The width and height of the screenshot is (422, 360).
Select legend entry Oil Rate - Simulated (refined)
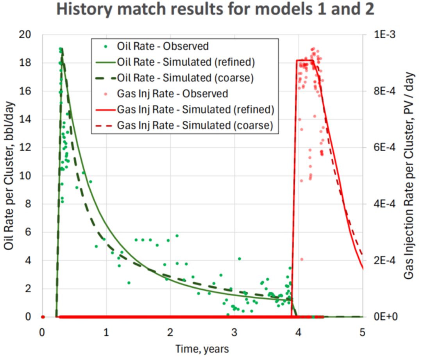point(186,62)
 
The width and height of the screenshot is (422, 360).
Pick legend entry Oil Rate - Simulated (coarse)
point(186,78)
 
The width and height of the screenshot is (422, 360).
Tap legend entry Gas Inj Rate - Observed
point(172,94)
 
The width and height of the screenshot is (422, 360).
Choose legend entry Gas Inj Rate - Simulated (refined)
point(194,110)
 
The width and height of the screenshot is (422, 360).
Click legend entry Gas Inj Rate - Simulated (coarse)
point(194,125)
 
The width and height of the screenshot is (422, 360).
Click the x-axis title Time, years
point(202,348)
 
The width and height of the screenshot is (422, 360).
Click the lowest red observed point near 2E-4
point(302,260)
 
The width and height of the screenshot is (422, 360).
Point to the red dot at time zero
point(43,317)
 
